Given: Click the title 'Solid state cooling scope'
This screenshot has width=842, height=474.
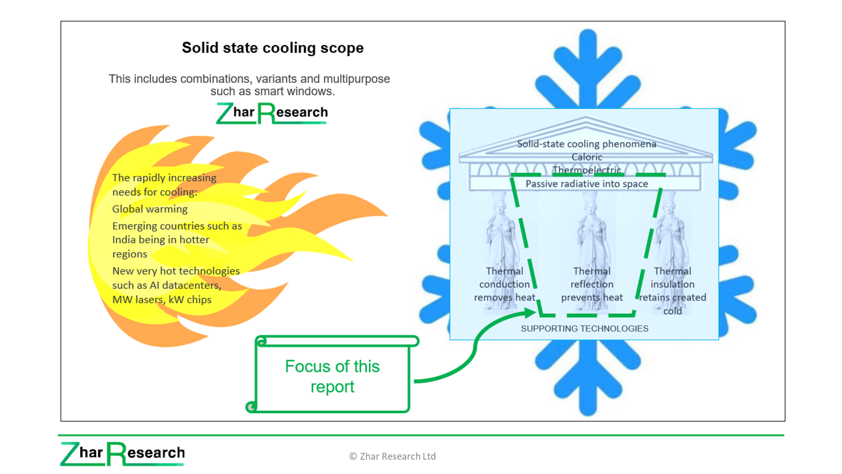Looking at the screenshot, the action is (273, 48).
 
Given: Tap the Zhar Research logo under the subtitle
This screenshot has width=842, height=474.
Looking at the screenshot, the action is (272, 113).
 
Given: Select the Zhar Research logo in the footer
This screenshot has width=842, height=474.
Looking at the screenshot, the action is (123, 454).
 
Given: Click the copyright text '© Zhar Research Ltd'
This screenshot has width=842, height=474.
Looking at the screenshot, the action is (392, 456).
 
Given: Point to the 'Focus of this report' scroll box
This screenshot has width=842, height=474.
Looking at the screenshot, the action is (332, 374).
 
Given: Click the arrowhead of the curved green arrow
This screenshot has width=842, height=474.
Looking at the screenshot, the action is (529, 313).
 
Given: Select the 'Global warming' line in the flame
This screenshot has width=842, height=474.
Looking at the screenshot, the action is (150, 209).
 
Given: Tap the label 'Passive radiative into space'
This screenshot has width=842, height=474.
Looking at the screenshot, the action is (587, 184).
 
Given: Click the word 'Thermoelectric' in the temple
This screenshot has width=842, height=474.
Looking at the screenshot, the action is (587, 170).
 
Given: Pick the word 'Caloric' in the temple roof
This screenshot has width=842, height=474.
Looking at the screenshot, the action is (587, 157).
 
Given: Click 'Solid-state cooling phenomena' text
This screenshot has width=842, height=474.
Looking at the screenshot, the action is (587, 144).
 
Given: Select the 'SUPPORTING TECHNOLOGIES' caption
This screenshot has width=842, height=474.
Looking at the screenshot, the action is (584, 329).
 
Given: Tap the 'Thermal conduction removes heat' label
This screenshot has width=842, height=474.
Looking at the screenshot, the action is (505, 284).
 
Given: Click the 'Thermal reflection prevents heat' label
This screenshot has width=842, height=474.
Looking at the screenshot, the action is (592, 284).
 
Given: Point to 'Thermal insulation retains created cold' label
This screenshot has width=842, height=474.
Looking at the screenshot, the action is (672, 291).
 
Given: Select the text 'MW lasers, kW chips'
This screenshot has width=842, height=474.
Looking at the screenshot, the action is (162, 300).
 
